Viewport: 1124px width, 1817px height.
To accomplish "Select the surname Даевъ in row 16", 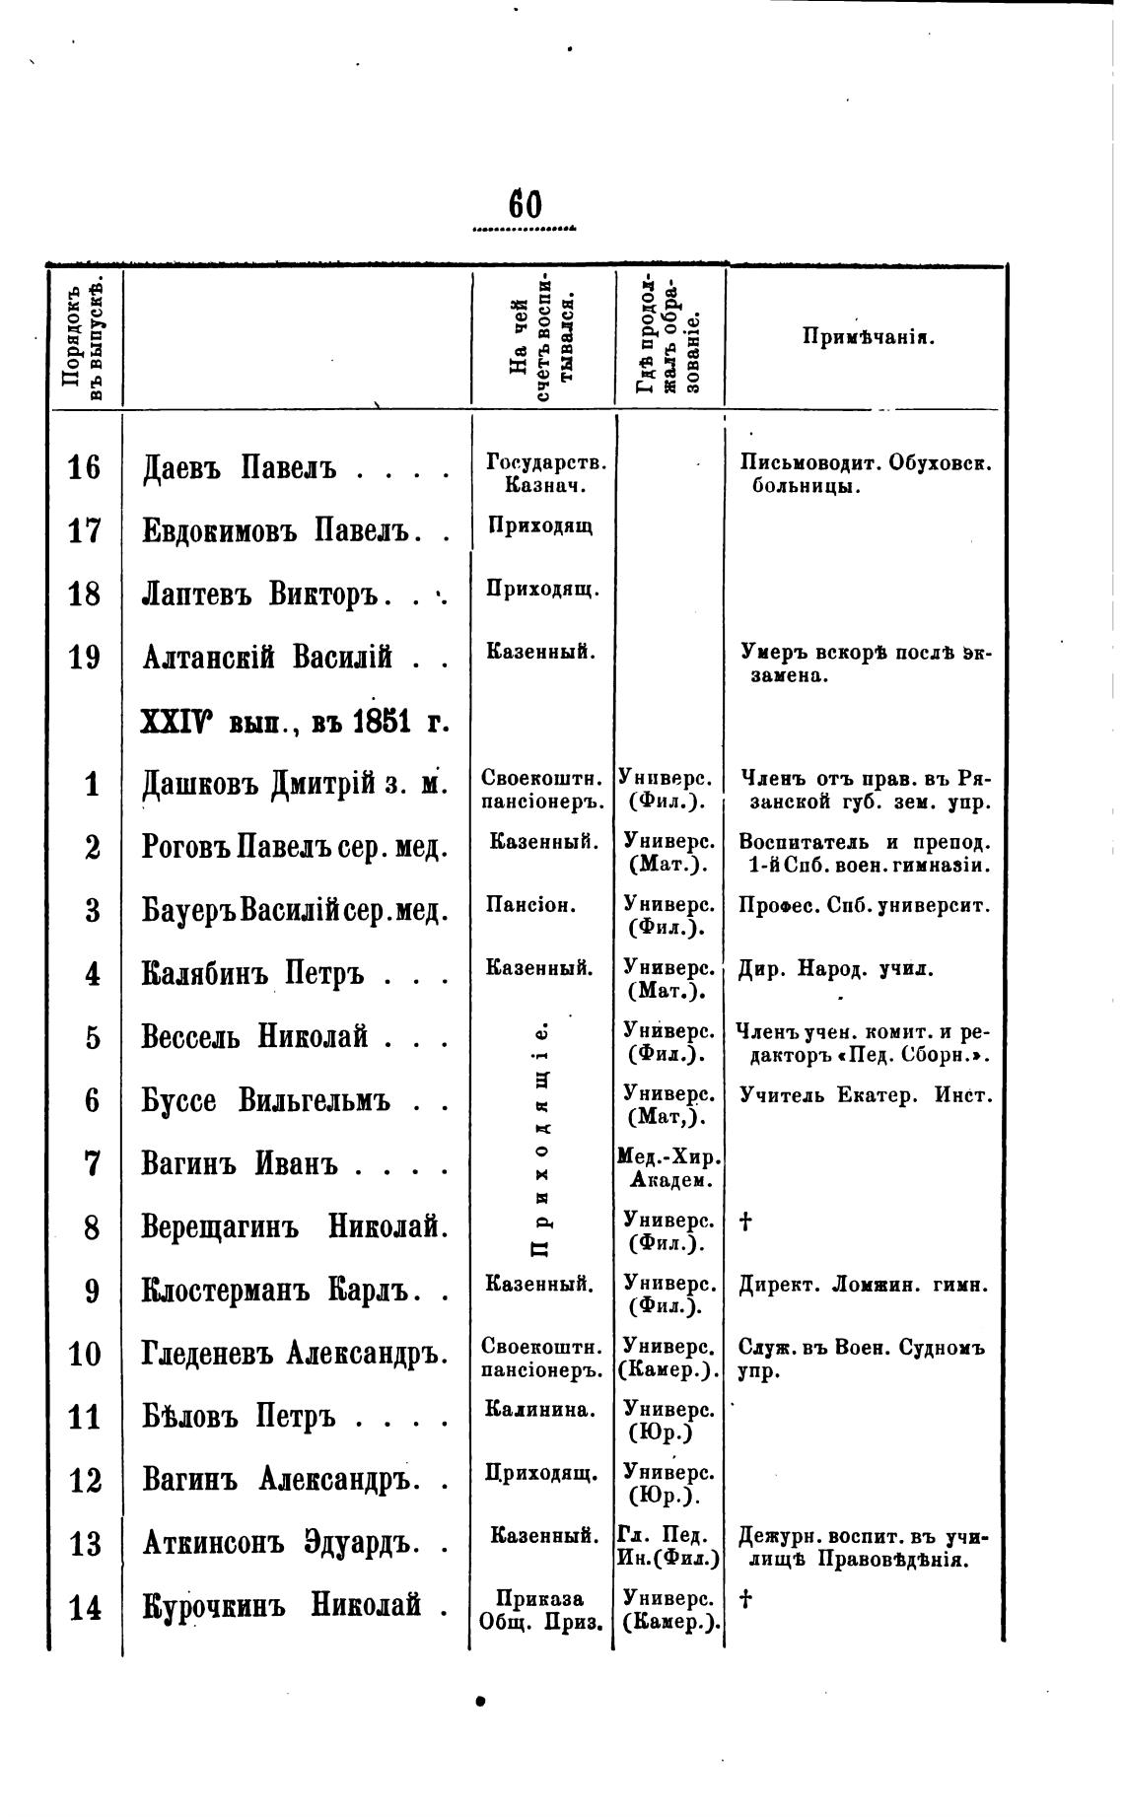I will tap(184, 467).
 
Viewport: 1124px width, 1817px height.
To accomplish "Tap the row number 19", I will tap(85, 657).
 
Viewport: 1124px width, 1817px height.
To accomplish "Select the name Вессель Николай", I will tap(254, 1037).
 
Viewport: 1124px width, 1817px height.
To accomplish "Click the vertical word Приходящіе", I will tap(540, 1140).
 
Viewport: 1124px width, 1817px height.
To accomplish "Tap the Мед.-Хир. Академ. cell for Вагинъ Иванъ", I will tap(668, 1168).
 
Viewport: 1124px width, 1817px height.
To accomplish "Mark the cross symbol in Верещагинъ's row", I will tap(745, 1223).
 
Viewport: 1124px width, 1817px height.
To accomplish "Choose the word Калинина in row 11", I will tap(540, 1410).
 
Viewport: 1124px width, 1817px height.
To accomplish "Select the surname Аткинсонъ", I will tap(212, 1543).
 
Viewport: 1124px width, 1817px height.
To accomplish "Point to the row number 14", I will tap(85, 1608).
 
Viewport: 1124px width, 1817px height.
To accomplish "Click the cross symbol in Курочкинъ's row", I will tap(745, 1600).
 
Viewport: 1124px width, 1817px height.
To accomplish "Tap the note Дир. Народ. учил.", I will tap(835, 969).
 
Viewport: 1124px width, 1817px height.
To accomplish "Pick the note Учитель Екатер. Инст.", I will tap(864, 1095).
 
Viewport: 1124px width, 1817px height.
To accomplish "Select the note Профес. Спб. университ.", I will tap(864, 905).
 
